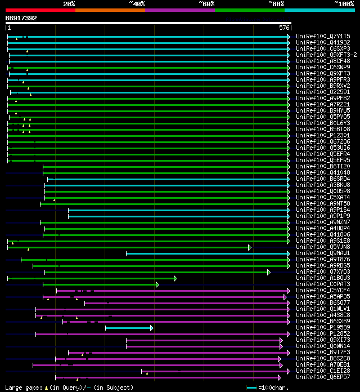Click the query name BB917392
click(21, 18)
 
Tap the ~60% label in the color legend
click(206, 4)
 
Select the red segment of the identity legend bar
click(40, 10)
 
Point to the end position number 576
click(284, 28)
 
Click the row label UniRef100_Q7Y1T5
click(322, 36)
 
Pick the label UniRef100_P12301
click(322, 135)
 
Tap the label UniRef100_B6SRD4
click(322, 179)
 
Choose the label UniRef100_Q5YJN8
click(322, 247)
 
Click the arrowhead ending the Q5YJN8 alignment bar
click(250, 247)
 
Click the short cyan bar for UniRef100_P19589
click(128, 328)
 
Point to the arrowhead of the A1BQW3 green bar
click(175, 278)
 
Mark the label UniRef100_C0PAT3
click(322, 284)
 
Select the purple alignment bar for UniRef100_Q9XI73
click(202, 340)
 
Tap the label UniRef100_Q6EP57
click(322, 377)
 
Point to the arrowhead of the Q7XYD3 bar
click(269, 272)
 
